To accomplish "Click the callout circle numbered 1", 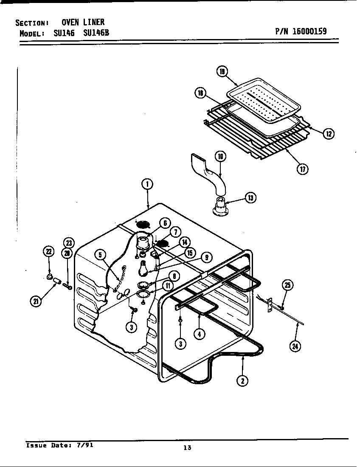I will [x=147, y=184].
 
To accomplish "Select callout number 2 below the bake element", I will [x=242, y=380].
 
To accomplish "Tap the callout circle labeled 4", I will [x=199, y=334].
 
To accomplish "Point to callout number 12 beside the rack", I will [x=328, y=134].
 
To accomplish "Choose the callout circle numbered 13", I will [x=251, y=197].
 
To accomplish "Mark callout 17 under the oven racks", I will [x=303, y=169].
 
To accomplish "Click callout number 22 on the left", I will [x=49, y=252].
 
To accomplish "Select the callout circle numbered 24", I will [x=294, y=346].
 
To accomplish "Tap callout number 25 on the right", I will [x=287, y=285].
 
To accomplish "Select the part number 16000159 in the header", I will [x=301, y=31].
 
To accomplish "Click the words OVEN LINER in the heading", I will [x=83, y=22].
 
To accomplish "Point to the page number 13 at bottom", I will [x=187, y=447].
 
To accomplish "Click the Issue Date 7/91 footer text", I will [x=59, y=445].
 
